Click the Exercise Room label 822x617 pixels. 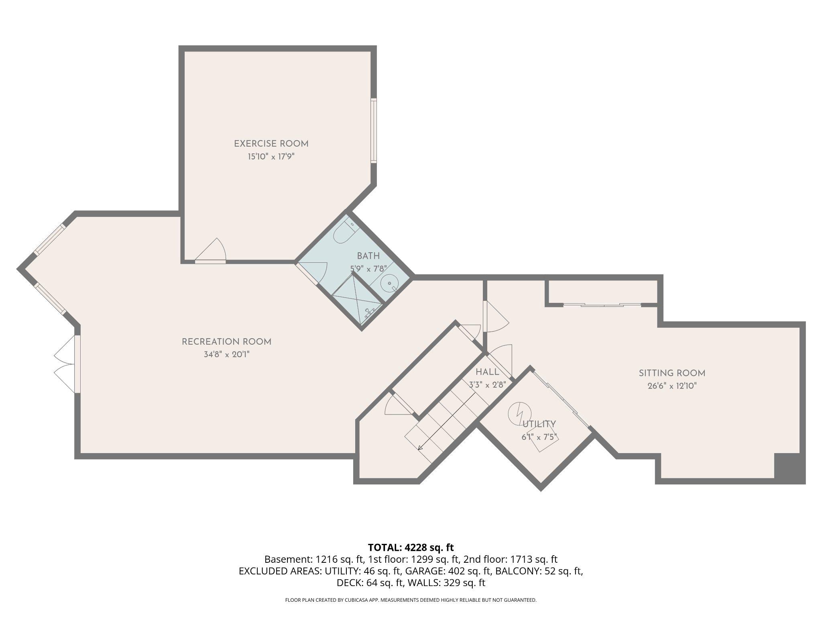coord(271,143)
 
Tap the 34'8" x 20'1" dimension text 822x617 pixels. coord(226,355)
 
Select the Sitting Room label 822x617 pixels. coord(672,373)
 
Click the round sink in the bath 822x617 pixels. coord(389,283)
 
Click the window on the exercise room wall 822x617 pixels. coord(374,130)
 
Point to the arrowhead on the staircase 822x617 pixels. coord(420,448)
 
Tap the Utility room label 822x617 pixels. coord(539,424)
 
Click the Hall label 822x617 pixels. coord(487,372)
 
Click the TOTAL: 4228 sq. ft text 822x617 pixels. coord(411,548)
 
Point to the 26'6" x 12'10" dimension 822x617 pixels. coord(672,386)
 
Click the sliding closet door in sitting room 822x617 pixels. coord(602,305)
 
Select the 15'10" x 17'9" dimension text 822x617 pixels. coord(271,157)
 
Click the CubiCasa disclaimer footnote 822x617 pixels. coord(411,600)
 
